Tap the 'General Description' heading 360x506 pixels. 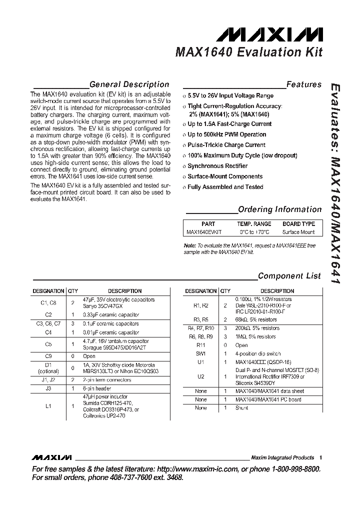[129, 84]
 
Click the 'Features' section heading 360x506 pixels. [303, 84]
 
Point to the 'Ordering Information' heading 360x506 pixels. [279, 209]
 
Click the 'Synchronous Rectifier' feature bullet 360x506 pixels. [217, 166]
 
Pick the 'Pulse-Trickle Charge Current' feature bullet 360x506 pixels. [226, 145]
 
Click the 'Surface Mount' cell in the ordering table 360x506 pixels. [298, 232]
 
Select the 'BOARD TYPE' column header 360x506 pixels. [298, 224]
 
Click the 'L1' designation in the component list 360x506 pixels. [48, 406]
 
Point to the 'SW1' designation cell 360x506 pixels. [200, 353]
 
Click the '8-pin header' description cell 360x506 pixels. [96, 388]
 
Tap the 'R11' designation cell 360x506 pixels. [200, 345]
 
